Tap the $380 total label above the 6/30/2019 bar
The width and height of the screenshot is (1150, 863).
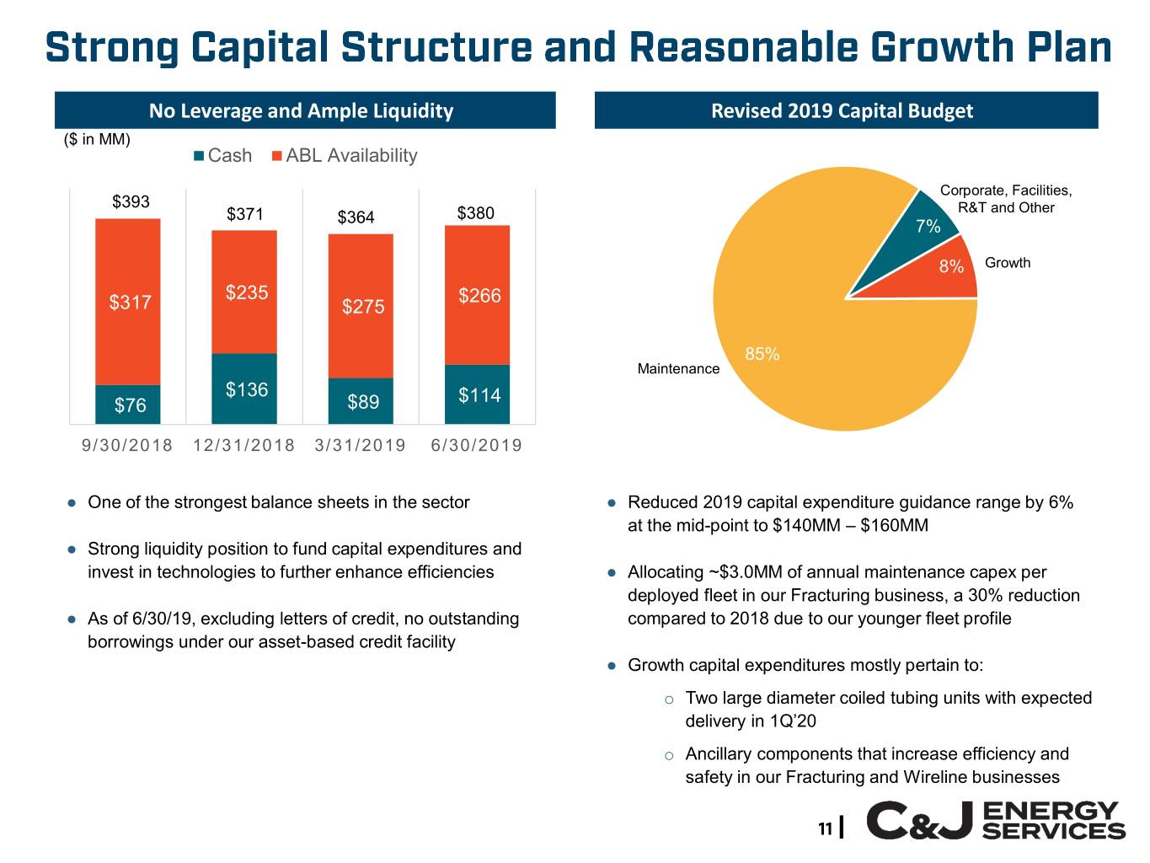click(475, 213)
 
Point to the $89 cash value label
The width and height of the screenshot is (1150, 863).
click(363, 402)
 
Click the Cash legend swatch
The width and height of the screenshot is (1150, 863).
click(199, 156)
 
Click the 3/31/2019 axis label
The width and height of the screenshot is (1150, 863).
click(360, 445)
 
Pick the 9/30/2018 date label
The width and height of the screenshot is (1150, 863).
click(127, 445)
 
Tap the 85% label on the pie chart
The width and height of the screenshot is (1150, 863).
click(762, 354)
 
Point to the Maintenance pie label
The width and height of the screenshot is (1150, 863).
click(678, 369)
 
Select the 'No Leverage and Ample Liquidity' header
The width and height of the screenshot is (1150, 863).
click(302, 111)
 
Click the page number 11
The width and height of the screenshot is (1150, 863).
click(825, 828)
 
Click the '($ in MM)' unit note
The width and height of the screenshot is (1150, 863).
click(97, 139)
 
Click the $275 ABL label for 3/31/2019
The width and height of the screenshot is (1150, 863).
click(363, 307)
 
